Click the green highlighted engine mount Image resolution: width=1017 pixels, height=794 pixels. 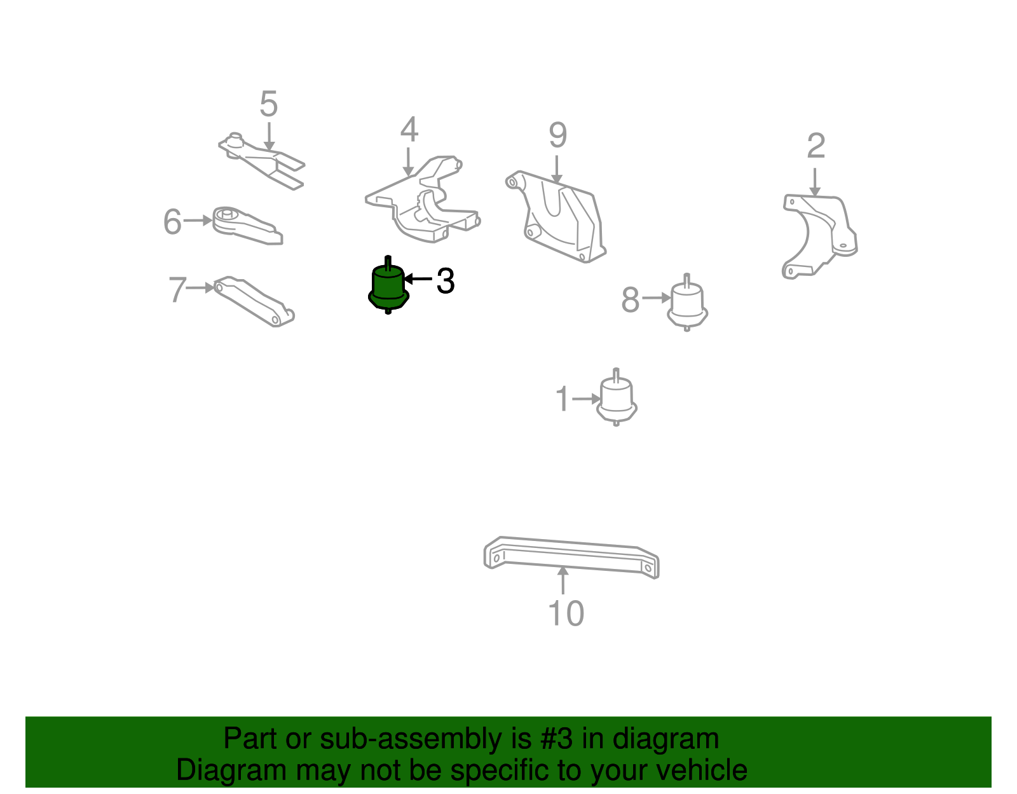(388, 286)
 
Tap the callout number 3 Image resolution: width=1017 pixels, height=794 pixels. (445, 281)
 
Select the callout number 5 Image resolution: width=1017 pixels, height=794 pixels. (269, 104)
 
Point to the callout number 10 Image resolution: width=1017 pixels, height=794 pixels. (566, 613)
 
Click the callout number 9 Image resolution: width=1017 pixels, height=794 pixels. (558, 135)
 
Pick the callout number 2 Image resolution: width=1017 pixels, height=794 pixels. (816, 146)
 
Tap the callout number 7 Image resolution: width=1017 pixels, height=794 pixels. (177, 289)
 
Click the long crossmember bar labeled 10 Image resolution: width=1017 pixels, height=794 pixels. (571, 558)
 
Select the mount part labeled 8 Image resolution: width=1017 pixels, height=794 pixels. (687, 303)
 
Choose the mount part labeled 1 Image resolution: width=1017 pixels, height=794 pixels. (617, 398)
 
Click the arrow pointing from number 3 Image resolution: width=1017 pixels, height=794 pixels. (418, 279)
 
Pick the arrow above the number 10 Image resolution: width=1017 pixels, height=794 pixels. (563, 580)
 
